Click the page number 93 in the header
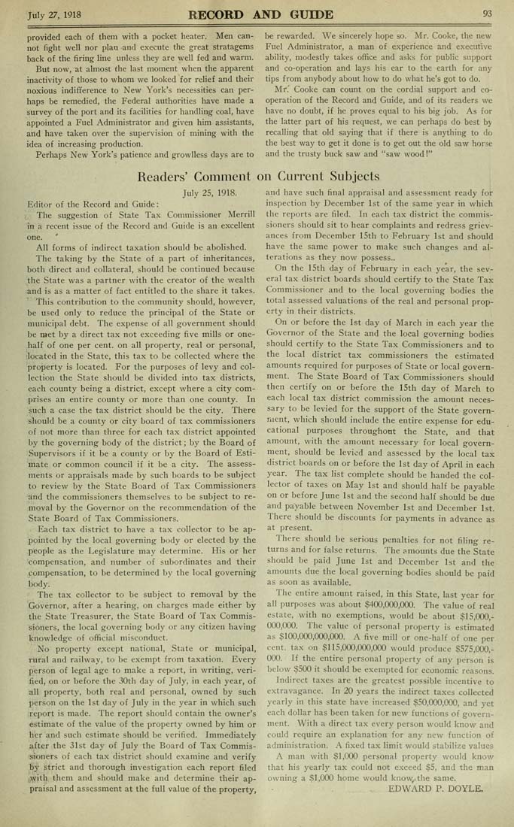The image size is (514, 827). (x=487, y=13)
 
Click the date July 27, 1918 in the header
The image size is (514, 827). (x=53, y=14)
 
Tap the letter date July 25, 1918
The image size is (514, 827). (x=208, y=192)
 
